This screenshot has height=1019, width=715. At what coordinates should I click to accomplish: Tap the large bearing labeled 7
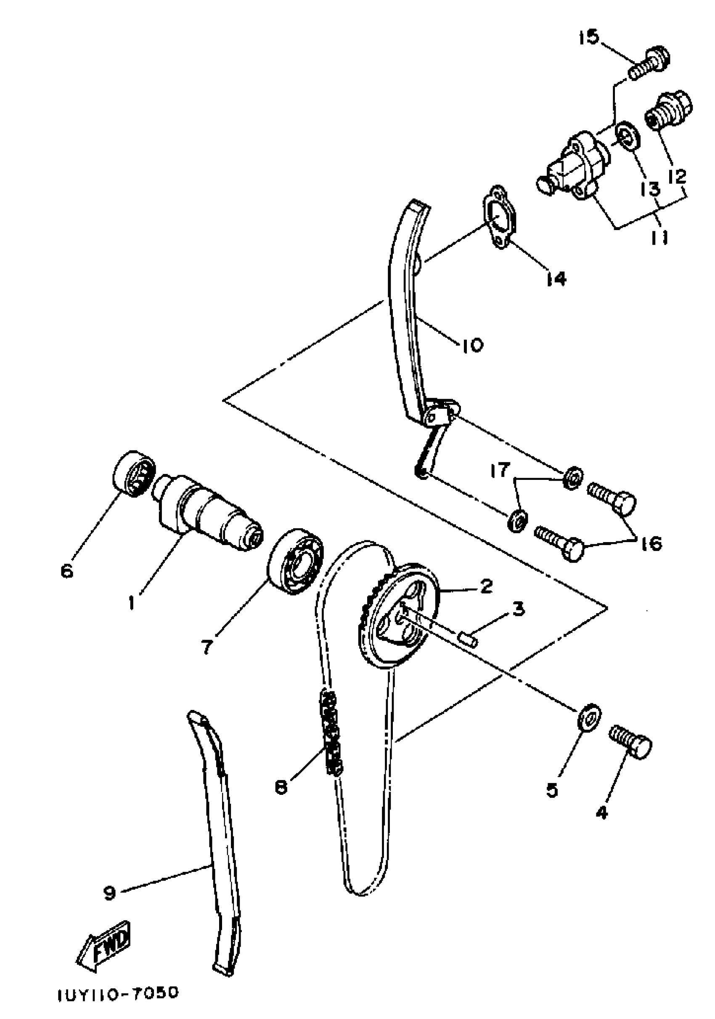(294, 561)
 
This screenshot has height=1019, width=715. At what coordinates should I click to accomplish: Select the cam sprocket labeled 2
(397, 619)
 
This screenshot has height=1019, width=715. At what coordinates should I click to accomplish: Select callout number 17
(500, 471)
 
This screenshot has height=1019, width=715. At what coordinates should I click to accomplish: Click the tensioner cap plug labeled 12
(668, 109)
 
